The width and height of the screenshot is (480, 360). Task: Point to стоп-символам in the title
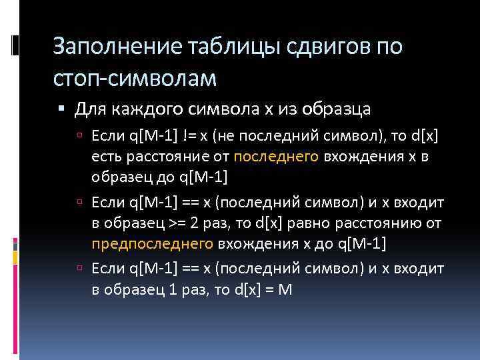click(x=135, y=79)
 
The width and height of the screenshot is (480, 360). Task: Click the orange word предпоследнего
click(x=152, y=244)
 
